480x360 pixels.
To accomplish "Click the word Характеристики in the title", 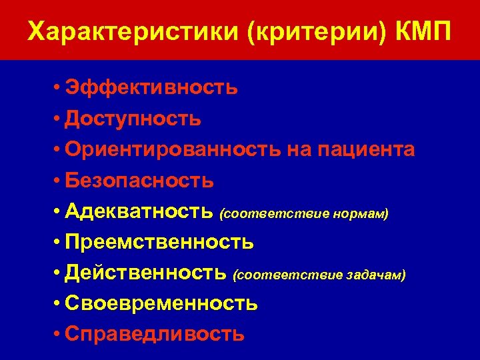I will coord(133,32).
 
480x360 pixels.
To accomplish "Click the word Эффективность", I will coord(151,88).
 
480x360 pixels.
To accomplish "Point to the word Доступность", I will coord(133,119).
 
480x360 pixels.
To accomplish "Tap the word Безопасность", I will coord(139,180).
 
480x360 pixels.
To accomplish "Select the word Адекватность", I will coord(140,211).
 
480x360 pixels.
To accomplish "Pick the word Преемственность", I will coord(159,241).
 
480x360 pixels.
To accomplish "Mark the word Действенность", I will coord(147,272).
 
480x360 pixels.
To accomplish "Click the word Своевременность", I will coord(161,303).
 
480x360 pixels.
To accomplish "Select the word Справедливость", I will coord(155,333).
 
